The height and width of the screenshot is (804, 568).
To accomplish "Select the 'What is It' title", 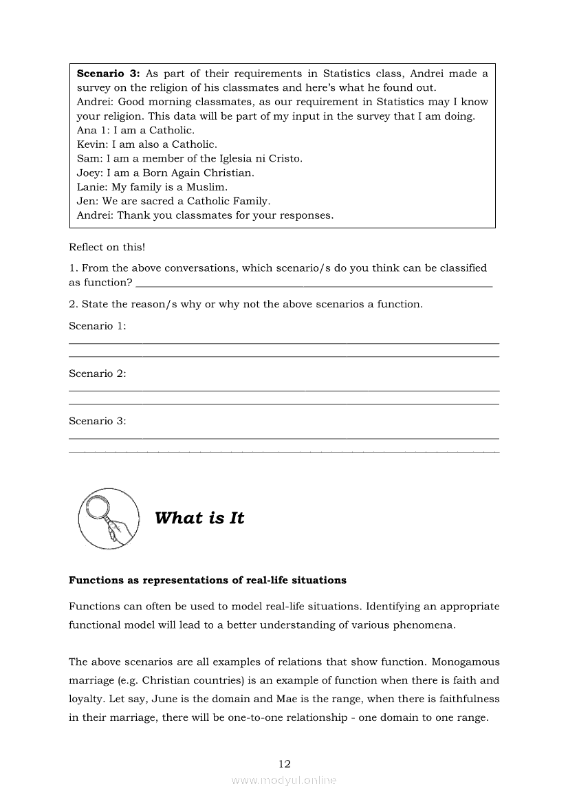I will pos(199,518).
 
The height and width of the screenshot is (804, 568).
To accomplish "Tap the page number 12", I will pos(284,763).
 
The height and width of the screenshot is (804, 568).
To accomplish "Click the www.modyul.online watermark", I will pos(284,780).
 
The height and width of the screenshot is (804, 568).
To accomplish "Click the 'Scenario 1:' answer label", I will pos(97,326).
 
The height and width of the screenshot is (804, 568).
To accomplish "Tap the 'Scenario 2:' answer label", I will pos(97,373).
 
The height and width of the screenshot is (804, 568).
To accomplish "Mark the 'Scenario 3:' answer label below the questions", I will pos(97,421).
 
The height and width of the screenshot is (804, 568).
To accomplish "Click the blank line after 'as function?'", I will pos(314,284).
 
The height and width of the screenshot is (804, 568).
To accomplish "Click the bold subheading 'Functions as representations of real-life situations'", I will pos(207,580).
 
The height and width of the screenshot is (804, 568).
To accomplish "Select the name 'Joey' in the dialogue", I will pos(89,173).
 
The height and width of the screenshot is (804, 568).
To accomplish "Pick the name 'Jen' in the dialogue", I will pos(87,201).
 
